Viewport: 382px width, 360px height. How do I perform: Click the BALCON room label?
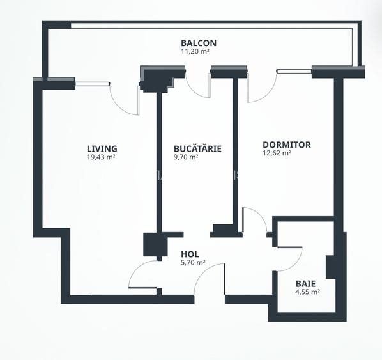coord(199,43)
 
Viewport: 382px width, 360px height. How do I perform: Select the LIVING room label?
coord(102,148)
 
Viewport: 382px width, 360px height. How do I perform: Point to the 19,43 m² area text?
coord(101,157)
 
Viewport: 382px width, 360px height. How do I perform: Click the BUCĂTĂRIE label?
coord(197,148)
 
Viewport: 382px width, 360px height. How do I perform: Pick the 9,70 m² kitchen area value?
coord(186,157)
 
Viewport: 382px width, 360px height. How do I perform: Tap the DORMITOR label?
coord(286,145)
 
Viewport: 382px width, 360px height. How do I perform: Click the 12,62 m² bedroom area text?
coord(277,153)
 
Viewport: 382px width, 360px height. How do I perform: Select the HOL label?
coord(190,254)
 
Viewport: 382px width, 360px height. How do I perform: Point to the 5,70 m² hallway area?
coord(192,262)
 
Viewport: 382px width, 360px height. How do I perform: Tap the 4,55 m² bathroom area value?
coord(307,292)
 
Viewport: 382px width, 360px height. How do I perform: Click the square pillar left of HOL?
coord(153,246)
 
